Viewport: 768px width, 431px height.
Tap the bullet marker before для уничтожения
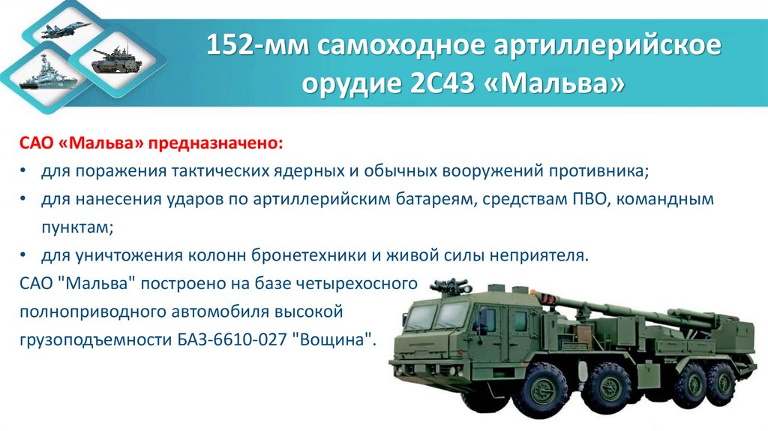tap(24, 255)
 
